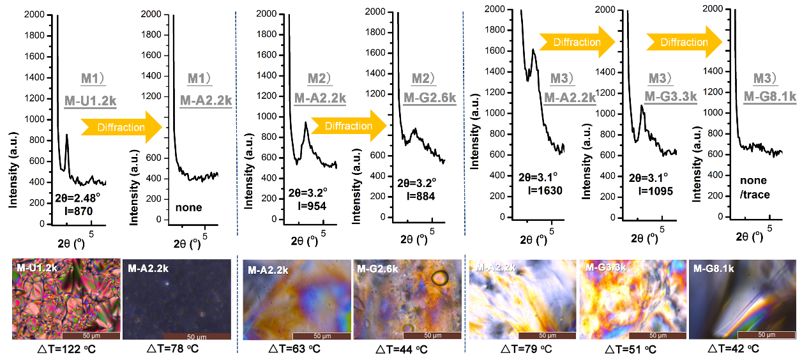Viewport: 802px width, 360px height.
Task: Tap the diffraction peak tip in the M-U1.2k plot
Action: [x=66, y=135]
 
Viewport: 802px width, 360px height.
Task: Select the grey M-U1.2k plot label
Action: [x=89, y=100]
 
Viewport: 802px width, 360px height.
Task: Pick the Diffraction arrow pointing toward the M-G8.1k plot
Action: [x=684, y=42]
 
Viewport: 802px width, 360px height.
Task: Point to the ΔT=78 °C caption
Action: [x=173, y=349]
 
